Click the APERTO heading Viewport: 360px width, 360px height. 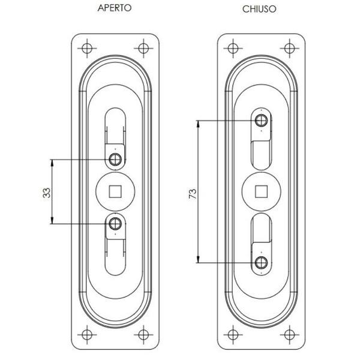pos(115,9)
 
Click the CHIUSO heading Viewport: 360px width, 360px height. pos(259,10)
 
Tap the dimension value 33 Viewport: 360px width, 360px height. pos(46,192)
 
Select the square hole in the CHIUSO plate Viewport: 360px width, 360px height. pos(261,191)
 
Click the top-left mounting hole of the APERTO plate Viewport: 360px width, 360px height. pos(87,48)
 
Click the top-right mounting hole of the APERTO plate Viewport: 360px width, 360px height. pos(144,48)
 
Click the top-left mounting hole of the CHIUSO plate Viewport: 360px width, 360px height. pos(232,48)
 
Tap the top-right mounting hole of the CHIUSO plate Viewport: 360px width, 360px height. pos(289,48)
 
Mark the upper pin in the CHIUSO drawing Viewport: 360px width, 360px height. pos(261,120)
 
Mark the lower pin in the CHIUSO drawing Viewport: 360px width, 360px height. pos(261,262)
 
